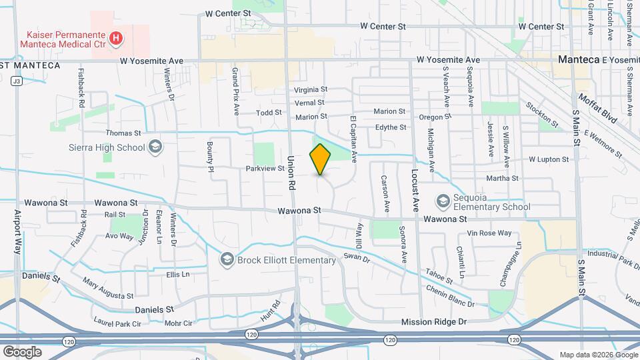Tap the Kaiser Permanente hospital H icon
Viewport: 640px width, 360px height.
tap(117, 39)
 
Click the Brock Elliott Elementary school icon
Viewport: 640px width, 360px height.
tap(227, 259)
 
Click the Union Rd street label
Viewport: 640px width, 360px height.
tap(291, 171)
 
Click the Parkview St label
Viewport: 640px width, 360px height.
tap(265, 169)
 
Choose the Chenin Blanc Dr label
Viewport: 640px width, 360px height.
tap(451, 295)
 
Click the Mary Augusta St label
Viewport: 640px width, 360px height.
tap(108, 287)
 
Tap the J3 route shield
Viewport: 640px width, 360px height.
tap(17, 81)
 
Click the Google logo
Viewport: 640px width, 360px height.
tap(21, 351)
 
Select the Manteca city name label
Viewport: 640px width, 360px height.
tap(579, 59)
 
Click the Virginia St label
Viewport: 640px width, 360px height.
tap(311, 89)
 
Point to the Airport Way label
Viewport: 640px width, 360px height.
tap(18, 231)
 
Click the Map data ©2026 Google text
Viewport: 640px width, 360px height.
tap(597, 355)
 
